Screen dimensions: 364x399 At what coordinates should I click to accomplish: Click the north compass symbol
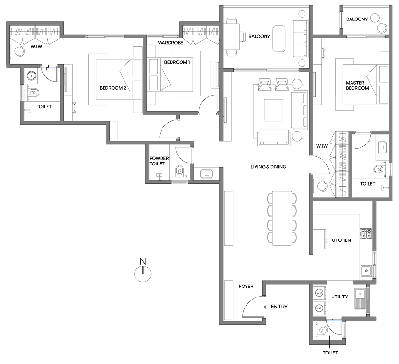142,272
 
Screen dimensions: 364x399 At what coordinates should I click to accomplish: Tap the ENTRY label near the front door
279,307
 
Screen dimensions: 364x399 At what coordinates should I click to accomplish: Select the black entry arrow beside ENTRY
265,307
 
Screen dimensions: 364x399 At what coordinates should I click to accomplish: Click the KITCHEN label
341,240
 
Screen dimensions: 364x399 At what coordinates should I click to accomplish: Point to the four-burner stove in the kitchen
367,233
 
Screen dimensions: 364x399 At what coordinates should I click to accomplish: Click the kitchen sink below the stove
366,271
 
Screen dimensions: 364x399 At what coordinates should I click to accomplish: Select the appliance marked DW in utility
319,308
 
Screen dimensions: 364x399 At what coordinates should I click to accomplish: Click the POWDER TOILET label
157,161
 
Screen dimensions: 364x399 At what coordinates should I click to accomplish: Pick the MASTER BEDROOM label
357,86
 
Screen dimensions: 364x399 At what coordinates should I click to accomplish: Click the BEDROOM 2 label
112,87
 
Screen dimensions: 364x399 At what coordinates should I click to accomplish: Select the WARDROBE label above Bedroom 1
171,42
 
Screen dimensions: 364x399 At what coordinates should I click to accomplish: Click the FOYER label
246,286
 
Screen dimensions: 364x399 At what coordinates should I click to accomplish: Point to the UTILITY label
340,297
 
